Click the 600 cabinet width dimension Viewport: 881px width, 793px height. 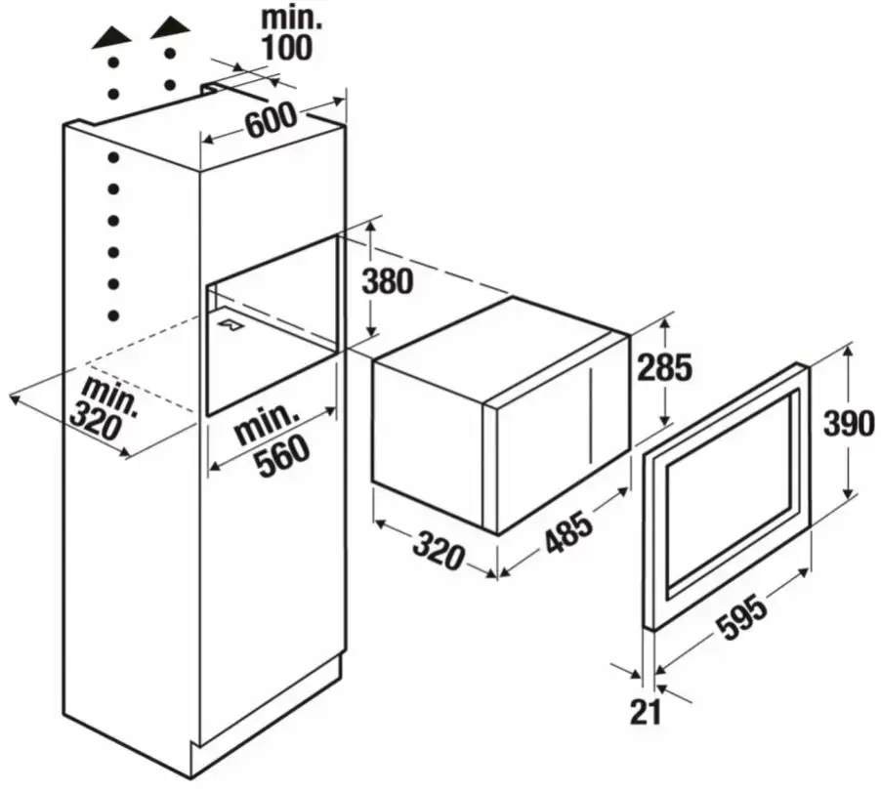point(271,119)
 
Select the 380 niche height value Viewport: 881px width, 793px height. point(387,281)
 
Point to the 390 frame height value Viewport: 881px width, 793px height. point(849,424)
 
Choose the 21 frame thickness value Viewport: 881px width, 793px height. point(646,713)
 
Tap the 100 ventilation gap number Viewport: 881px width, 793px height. point(285,48)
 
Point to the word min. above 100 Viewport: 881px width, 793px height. point(292,18)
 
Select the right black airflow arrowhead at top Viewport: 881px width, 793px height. point(170,28)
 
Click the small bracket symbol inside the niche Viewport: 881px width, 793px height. point(231,324)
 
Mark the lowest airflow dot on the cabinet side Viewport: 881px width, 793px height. point(113,315)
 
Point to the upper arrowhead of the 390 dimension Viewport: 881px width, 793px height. point(849,351)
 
